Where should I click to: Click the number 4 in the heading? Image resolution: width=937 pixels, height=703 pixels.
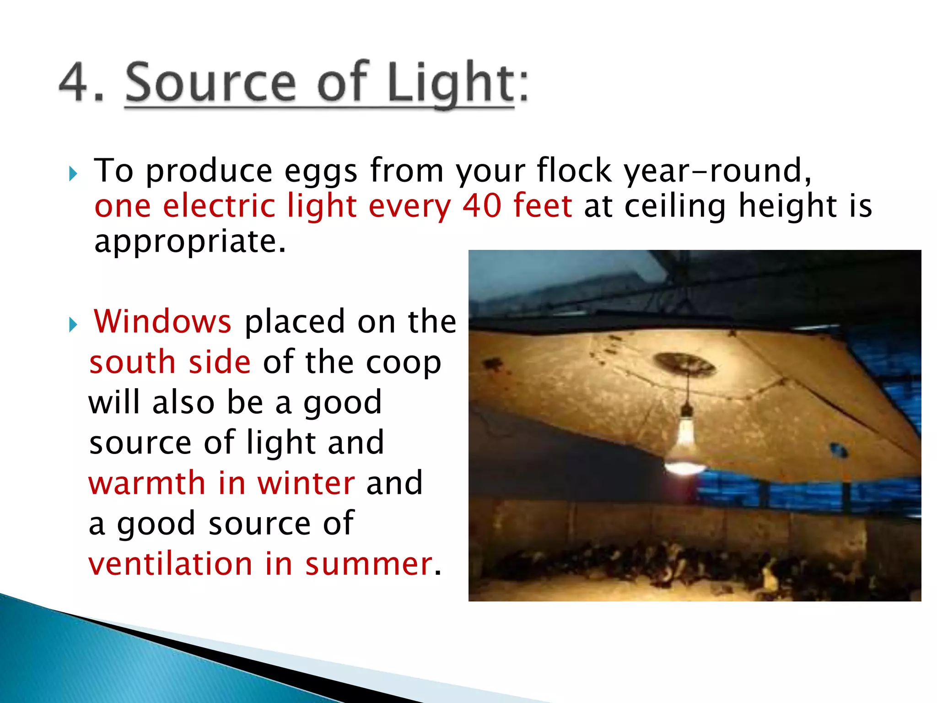[75, 83]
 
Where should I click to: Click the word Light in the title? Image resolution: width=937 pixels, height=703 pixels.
[451, 83]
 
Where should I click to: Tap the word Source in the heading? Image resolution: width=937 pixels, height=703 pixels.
[210, 83]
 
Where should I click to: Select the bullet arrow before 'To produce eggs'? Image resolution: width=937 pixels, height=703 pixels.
[73, 173]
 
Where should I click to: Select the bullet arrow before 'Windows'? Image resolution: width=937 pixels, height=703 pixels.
[73, 324]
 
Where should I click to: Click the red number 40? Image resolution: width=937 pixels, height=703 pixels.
[482, 205]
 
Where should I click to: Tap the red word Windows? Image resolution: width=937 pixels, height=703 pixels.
[162, 321]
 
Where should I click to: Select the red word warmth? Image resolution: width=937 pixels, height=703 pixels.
[147, 483]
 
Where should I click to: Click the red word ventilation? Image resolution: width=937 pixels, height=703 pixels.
[171, 564]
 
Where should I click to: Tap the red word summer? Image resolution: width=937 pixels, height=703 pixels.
[369, 564]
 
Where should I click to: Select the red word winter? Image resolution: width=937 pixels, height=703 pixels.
[306, 483]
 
